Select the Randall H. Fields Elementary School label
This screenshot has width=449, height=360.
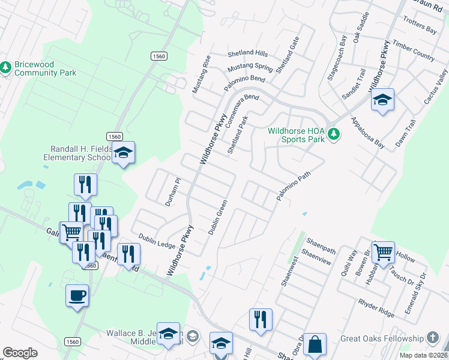point(76,153)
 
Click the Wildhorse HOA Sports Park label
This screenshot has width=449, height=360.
point(296,134)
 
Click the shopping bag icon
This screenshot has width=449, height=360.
point(315,344)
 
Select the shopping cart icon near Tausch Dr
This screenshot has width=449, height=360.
point(383,252)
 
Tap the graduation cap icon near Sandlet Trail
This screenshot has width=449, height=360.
point(382,99)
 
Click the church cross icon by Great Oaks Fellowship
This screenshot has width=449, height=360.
point(432,338)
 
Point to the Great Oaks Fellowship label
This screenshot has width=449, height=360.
point(382,338)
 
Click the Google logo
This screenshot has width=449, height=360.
point(20,353)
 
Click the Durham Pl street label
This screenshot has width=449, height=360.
point(173,191)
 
